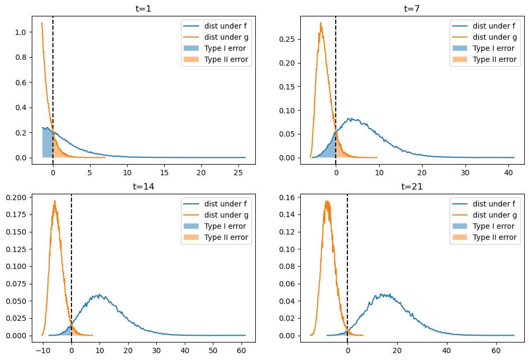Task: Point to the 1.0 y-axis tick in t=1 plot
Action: [x=22, y=32]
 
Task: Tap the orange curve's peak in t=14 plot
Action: [x=55, y=201]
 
